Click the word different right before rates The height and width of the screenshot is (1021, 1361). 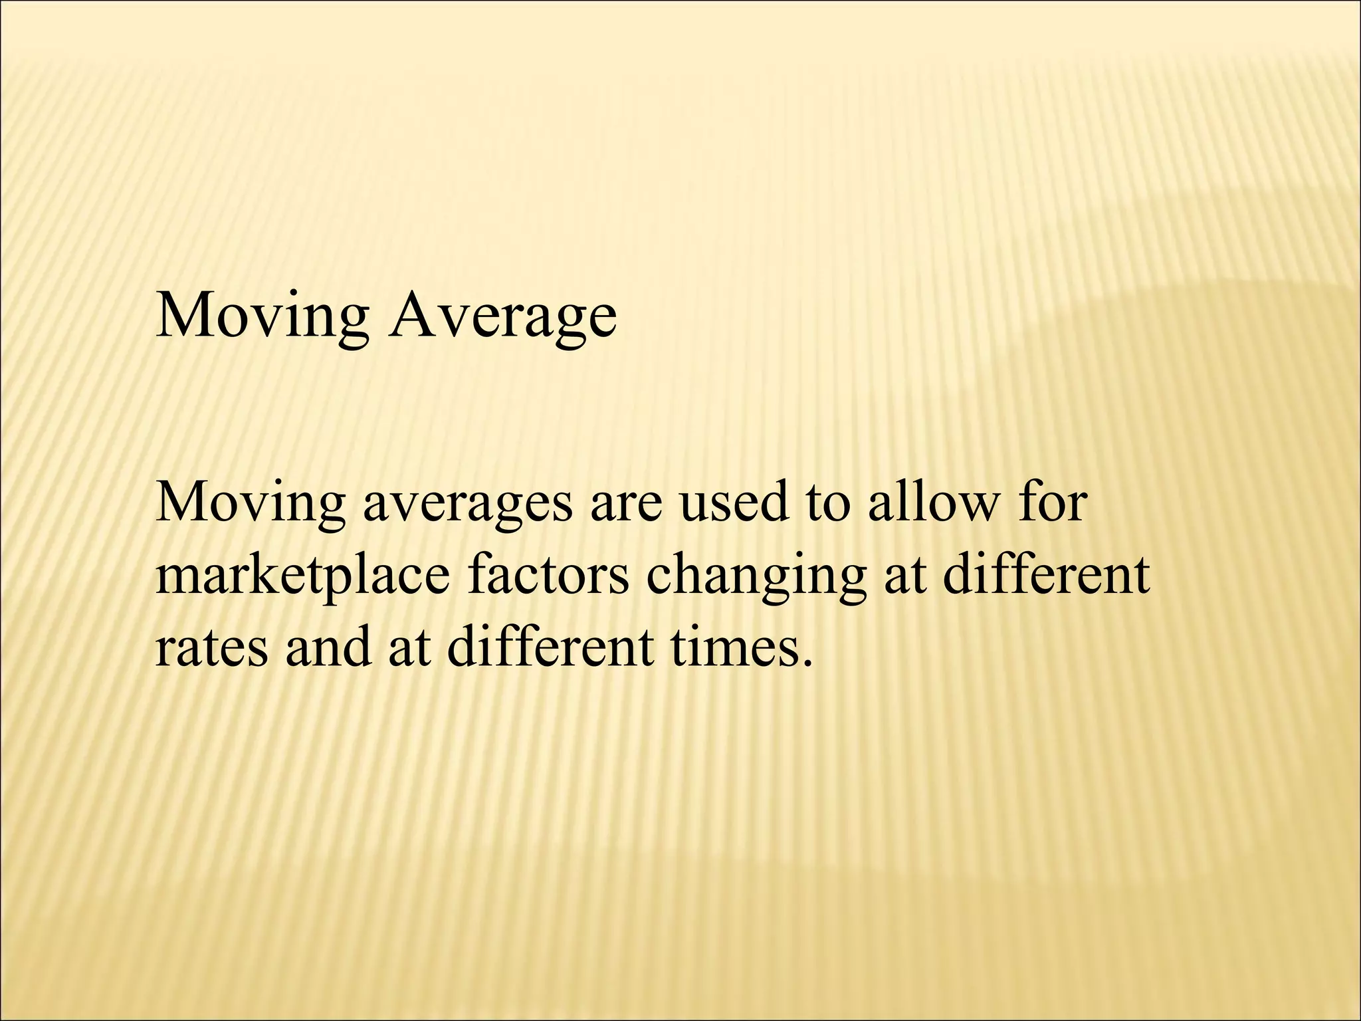[x=1046, y=576]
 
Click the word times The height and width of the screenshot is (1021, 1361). [x=732, y=648]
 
